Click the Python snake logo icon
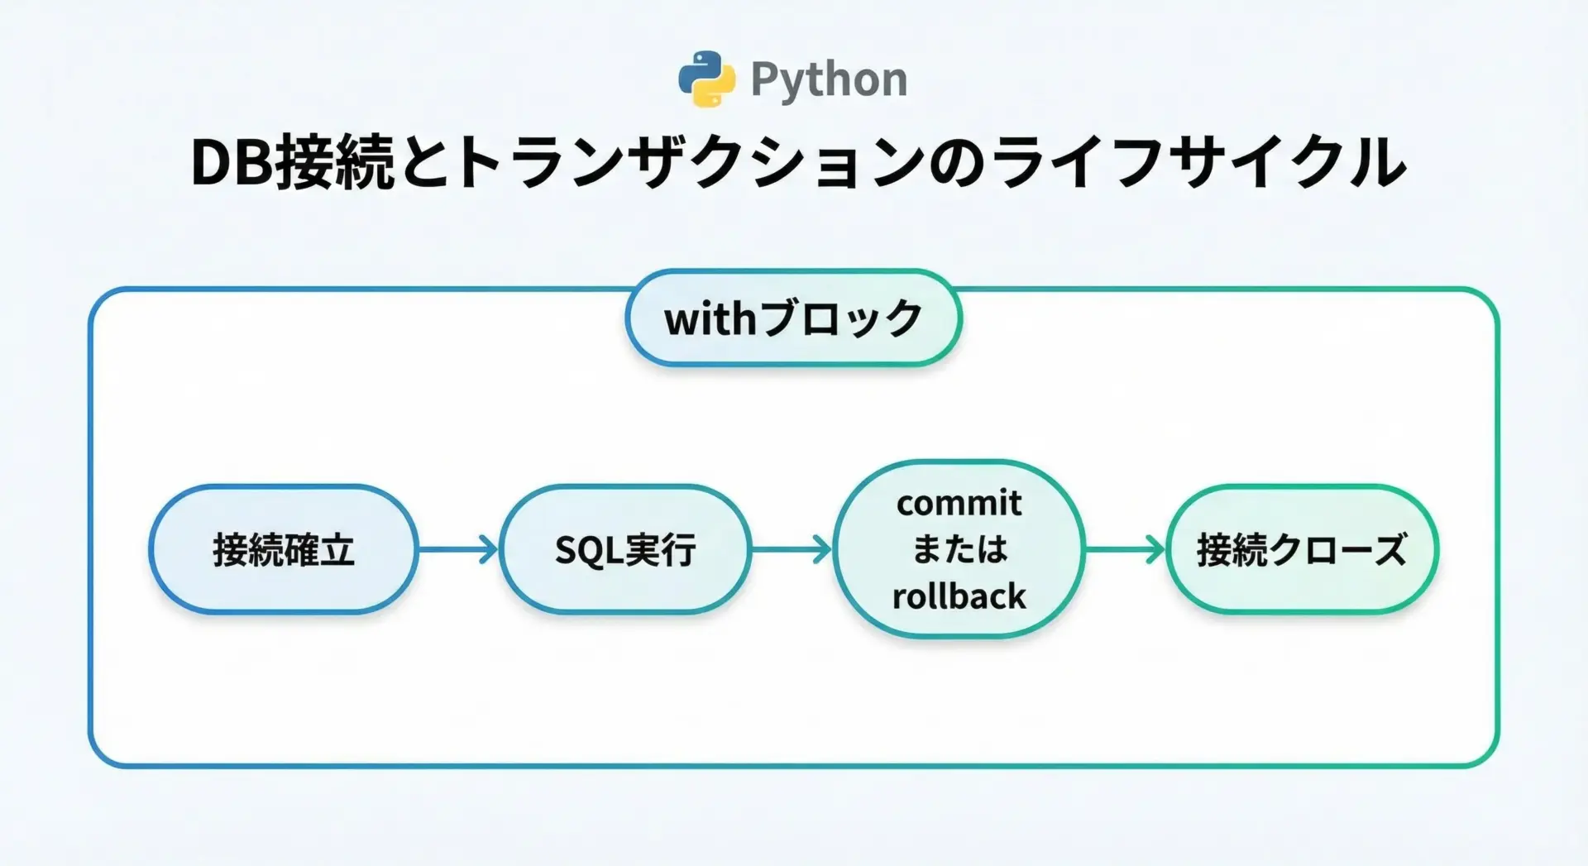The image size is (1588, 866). pyautogui.click(x=706, y=79)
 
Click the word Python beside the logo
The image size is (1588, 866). pyautogui.click(x=829, y=80)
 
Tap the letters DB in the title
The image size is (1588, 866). pyautogui.click(x=232, y=163)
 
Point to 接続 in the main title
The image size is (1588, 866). pyautogui.click(x=335, y=163)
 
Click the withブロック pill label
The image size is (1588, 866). pyautogui.click(x=793, y=318)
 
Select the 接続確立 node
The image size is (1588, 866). pyautogui.click(x=284, y=549)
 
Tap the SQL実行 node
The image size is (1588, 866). pyautogui.click(x=625, y=549)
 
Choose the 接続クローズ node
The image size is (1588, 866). pyautogui.click(x=1302, y=549)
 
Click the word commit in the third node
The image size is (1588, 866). pyautogui.click(x=959, y=503)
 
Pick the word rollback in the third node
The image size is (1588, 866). pyautogui.click(x=959, y=596)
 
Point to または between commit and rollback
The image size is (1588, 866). pyautogui.click(x=959, y=549)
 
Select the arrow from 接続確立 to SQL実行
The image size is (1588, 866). pyautogui.click(x=458, y=549)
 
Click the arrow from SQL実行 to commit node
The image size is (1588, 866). pyautogui.click(x=792, y=549)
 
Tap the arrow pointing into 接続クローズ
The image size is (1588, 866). pyautogui.click(x=1125, y=549)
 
